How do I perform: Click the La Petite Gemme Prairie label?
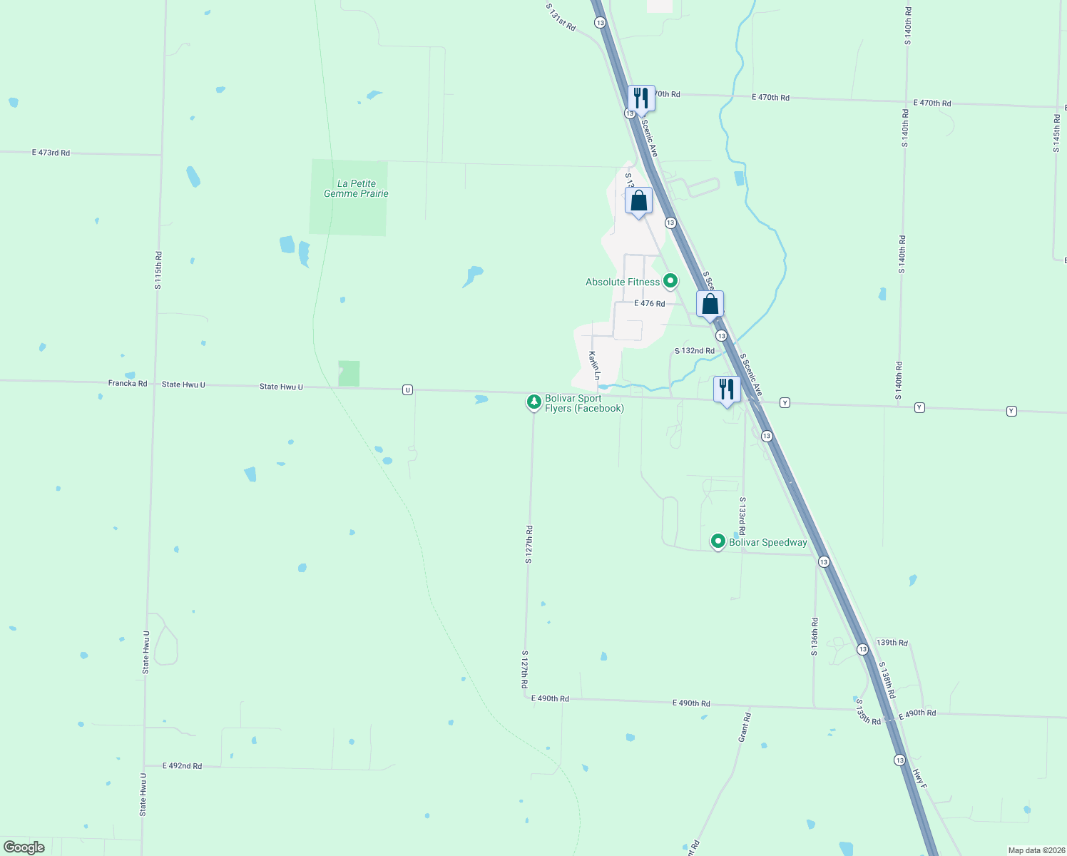click(356, 188)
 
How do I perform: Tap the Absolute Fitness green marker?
click(670, 282)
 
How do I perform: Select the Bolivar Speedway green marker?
click(718, 542)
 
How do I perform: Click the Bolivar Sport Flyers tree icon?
click(533, 402)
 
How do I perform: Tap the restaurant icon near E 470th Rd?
click(641, 98)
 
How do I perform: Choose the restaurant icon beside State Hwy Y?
click(727, 389)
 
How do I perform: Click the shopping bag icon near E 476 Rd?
click(710, 305)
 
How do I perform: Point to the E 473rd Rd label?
click(51, 153)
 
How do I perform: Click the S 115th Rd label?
click(158, 270)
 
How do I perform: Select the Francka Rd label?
click(128, 383)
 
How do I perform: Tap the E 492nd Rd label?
click(182, 766)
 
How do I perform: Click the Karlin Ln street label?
click(594, 365)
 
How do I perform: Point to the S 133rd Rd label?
click(742, 516)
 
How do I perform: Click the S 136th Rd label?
click(815, 636)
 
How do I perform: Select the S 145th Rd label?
click(1057, 133)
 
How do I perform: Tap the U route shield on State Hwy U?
click(407, 389)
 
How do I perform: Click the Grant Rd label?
click(745, 726)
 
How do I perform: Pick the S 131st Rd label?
click(561, 17)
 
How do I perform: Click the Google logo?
click(24, 847)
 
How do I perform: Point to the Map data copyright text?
click(1036, 850)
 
